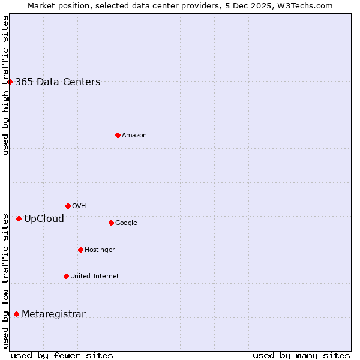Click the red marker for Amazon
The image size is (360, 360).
pos(118,135)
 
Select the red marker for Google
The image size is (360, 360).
pos(111,223)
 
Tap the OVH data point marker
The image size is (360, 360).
pos(68,206)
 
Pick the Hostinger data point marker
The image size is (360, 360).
pos(80,250)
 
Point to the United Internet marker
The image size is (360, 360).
pos(66,276)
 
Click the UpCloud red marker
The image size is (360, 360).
pos(19,218)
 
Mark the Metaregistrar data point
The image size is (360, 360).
pos(16,314)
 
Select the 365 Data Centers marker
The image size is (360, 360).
pos(10,82)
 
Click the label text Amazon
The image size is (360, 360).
pos(134,136)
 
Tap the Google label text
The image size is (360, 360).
pos(126,223)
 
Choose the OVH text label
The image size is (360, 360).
pos(79,206)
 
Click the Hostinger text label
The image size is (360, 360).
pos(100,250)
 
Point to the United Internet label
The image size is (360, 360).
pos(94,277)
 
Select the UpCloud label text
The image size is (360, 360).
pos(44,218)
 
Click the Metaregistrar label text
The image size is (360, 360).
pos(53,314)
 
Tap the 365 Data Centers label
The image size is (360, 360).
pos(58,82)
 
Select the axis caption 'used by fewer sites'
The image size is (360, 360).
pos(62,355)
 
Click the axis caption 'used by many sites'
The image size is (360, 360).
pos(301,355)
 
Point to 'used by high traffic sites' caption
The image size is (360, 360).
pos(5,85)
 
